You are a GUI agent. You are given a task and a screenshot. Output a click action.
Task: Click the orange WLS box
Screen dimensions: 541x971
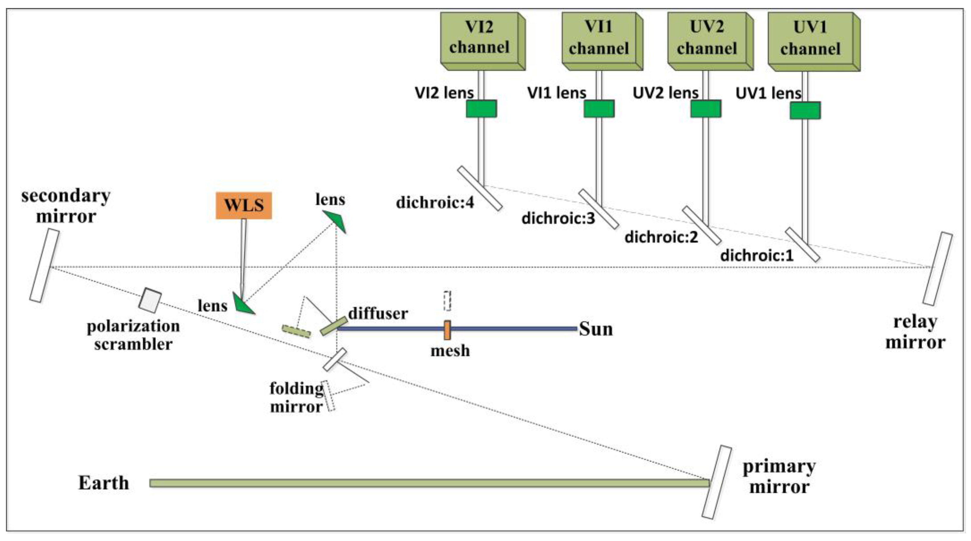point(243,205)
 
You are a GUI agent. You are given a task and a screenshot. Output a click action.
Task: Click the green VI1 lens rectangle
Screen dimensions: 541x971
point(599,108)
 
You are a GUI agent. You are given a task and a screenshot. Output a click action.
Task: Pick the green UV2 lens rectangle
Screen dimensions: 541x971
point(706,109)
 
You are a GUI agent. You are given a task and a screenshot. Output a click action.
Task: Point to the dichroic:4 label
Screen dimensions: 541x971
point(435,203)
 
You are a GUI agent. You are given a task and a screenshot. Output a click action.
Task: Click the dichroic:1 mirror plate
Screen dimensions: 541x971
point(802,244)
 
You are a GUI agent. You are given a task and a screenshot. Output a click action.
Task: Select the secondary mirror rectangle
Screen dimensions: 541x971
point(44,266)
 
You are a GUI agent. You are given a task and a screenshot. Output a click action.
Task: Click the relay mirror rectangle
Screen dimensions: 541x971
point(938,269)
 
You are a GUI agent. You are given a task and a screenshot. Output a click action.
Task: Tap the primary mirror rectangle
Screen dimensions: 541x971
point(717,482)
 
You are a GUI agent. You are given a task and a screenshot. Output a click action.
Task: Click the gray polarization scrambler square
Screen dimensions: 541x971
point(150,300)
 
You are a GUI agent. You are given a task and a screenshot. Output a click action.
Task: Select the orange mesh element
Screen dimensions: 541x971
point(447,330)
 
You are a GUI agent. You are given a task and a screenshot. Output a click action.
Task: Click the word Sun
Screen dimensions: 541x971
point(595,329)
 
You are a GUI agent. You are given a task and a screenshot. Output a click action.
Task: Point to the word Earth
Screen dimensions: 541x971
point(103,483)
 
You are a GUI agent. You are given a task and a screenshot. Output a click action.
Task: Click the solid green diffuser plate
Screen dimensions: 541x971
point(334,326)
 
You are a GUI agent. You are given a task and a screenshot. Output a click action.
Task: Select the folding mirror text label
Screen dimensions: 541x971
point(296,397)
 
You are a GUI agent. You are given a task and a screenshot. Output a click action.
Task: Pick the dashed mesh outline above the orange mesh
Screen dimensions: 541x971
point(447,301)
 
